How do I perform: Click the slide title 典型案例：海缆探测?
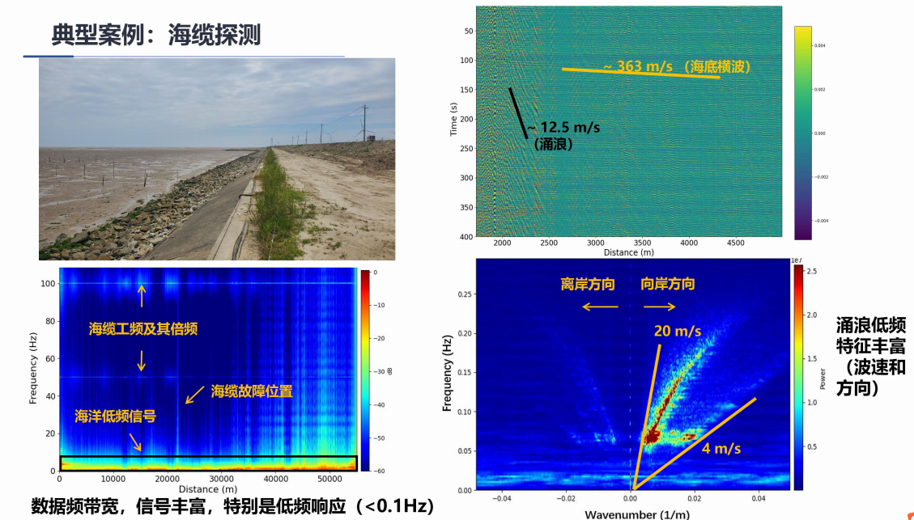coord(155,34)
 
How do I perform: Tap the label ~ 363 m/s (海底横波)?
coord(677,66)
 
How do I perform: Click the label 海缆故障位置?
coord(251,391)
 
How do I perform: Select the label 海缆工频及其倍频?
coord(142,329)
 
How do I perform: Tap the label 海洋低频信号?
coord(114,416)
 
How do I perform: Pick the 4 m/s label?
coord(721,447)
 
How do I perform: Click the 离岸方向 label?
coord(588,285)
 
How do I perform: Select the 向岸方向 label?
coord(667,285)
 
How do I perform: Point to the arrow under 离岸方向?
coord(595,307)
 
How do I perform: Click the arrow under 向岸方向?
coord(660,307)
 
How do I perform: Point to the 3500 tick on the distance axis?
coord(642,243)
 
